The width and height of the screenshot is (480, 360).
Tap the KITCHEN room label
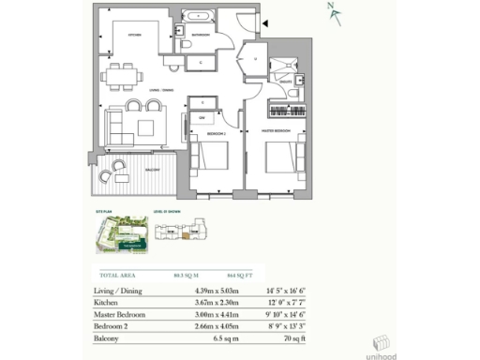tap(133, 36)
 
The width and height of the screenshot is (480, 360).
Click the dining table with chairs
tap(124, 74)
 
